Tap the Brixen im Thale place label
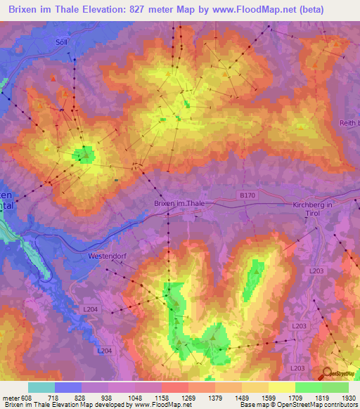pyautogui.click(x=179, y=203)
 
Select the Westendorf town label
pyautogui.click(x=107, y=256)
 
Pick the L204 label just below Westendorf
pyautogui.click(x=91, y=309)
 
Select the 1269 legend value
pyautogui.click(x=188, y=398)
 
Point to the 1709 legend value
pyautogui.click(x=295, y=398)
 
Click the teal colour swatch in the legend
pyautogui.click(x=41, y=387)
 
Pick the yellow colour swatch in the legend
pyautogui.click(x=282, y=387)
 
